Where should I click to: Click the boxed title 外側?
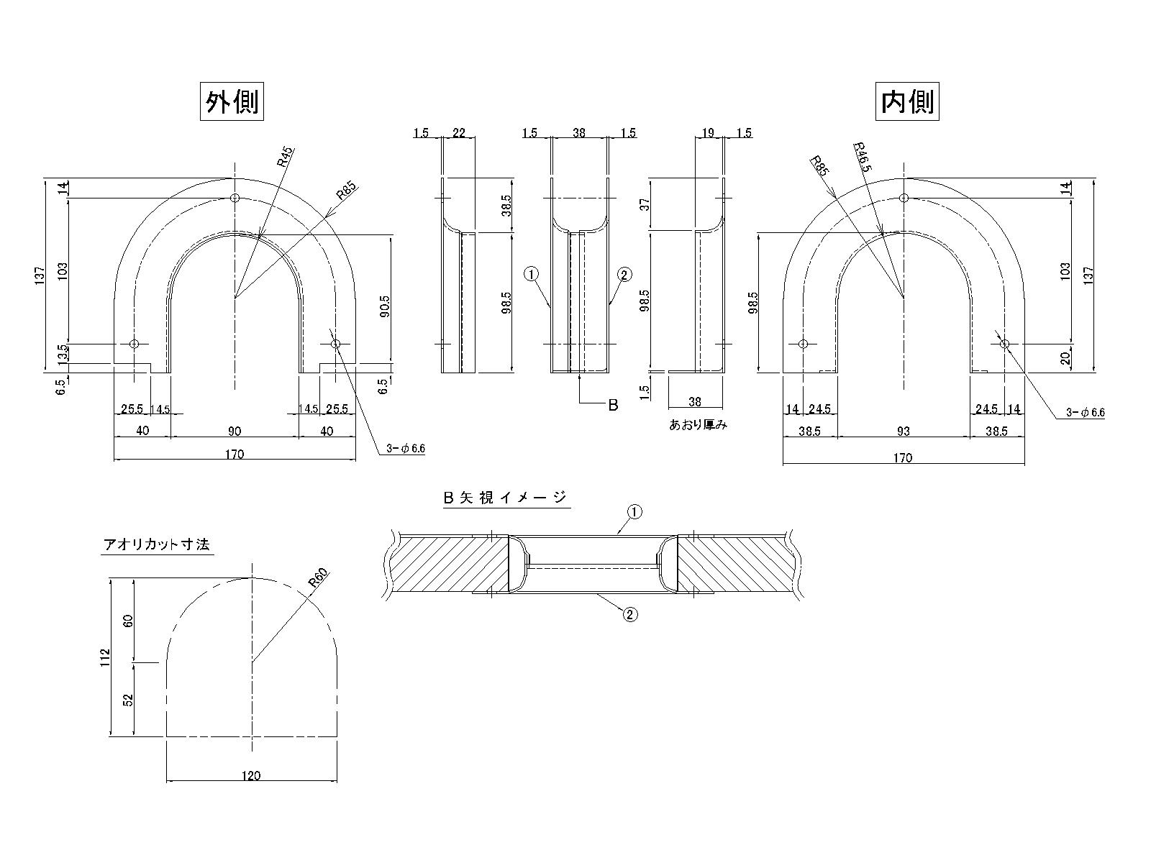click(x=231, y=102)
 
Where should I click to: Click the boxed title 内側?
click(x=907, y=102)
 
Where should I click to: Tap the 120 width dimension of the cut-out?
click(x=251, y=775)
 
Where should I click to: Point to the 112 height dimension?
click(x=105, y=656)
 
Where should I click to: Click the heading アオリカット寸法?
click(x=157, y=545)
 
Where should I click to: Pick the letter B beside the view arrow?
click(x=613, y=405)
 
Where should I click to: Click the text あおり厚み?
click(x=698, y=425)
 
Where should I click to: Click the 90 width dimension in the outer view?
click(x=235, y=431)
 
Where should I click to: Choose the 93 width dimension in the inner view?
click(x=904, y=431)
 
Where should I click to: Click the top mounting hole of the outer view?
click(x=235, y=198)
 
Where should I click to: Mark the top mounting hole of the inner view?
click(x=904, y=198)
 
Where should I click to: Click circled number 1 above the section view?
click(x=634, y=512)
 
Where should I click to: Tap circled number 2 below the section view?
click(x=629, y=614)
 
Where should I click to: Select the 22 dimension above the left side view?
click(x=458, y=133)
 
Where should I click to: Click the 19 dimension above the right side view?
click(x=708, y=133)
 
